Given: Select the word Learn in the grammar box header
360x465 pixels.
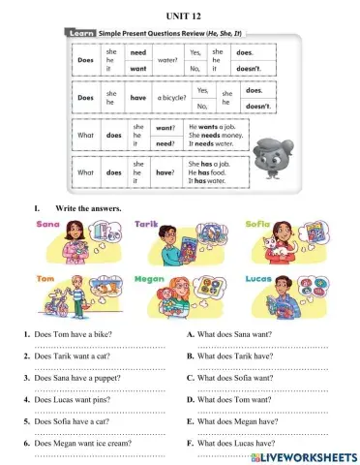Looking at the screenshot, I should (81, 33).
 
